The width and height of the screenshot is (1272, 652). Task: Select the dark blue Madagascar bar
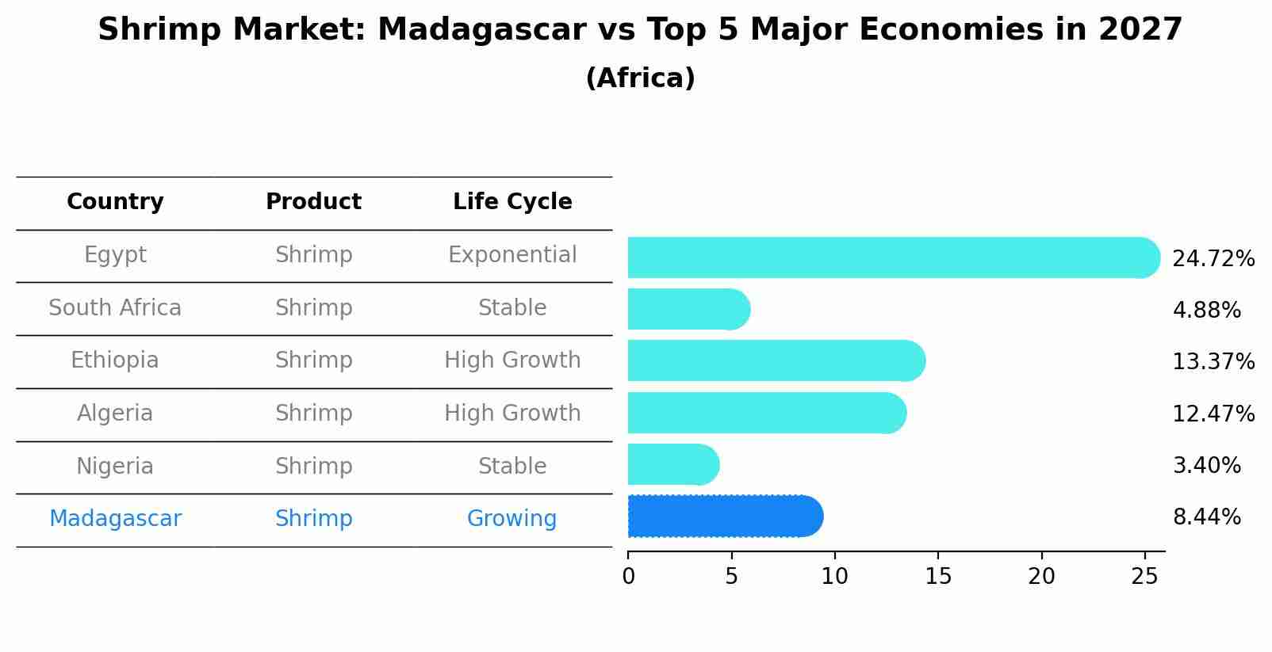[x=724, y=517]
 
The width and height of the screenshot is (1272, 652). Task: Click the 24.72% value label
[x=1213, y=259]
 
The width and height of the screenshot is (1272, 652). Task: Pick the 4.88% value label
[x=1206, y=311]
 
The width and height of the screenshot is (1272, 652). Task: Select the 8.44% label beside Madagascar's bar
[x=1206, y=517]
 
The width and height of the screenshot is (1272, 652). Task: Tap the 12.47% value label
[x=1213, y=414]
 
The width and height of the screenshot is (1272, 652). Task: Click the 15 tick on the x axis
[x=937, y=577]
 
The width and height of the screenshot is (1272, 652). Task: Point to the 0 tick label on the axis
[x=628, y=577]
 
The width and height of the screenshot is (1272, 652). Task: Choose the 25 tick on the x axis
[x=1144, y=577]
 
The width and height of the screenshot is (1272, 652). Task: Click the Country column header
[x=115, y=202]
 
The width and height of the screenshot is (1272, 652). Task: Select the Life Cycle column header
[x=512, y=202]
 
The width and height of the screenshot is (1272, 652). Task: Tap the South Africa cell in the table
[x=115, y=308]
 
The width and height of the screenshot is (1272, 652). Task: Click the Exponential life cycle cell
[x=512, y=255]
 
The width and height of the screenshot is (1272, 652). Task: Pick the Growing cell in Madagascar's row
[x=511, y=519]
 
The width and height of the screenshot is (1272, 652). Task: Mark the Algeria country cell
[x=115, y=414]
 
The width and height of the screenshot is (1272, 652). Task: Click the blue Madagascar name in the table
[x=115, y=519]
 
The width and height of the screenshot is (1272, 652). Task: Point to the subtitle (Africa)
[x=640, y=78]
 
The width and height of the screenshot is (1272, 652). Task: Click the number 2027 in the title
[x=1140, y=30]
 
